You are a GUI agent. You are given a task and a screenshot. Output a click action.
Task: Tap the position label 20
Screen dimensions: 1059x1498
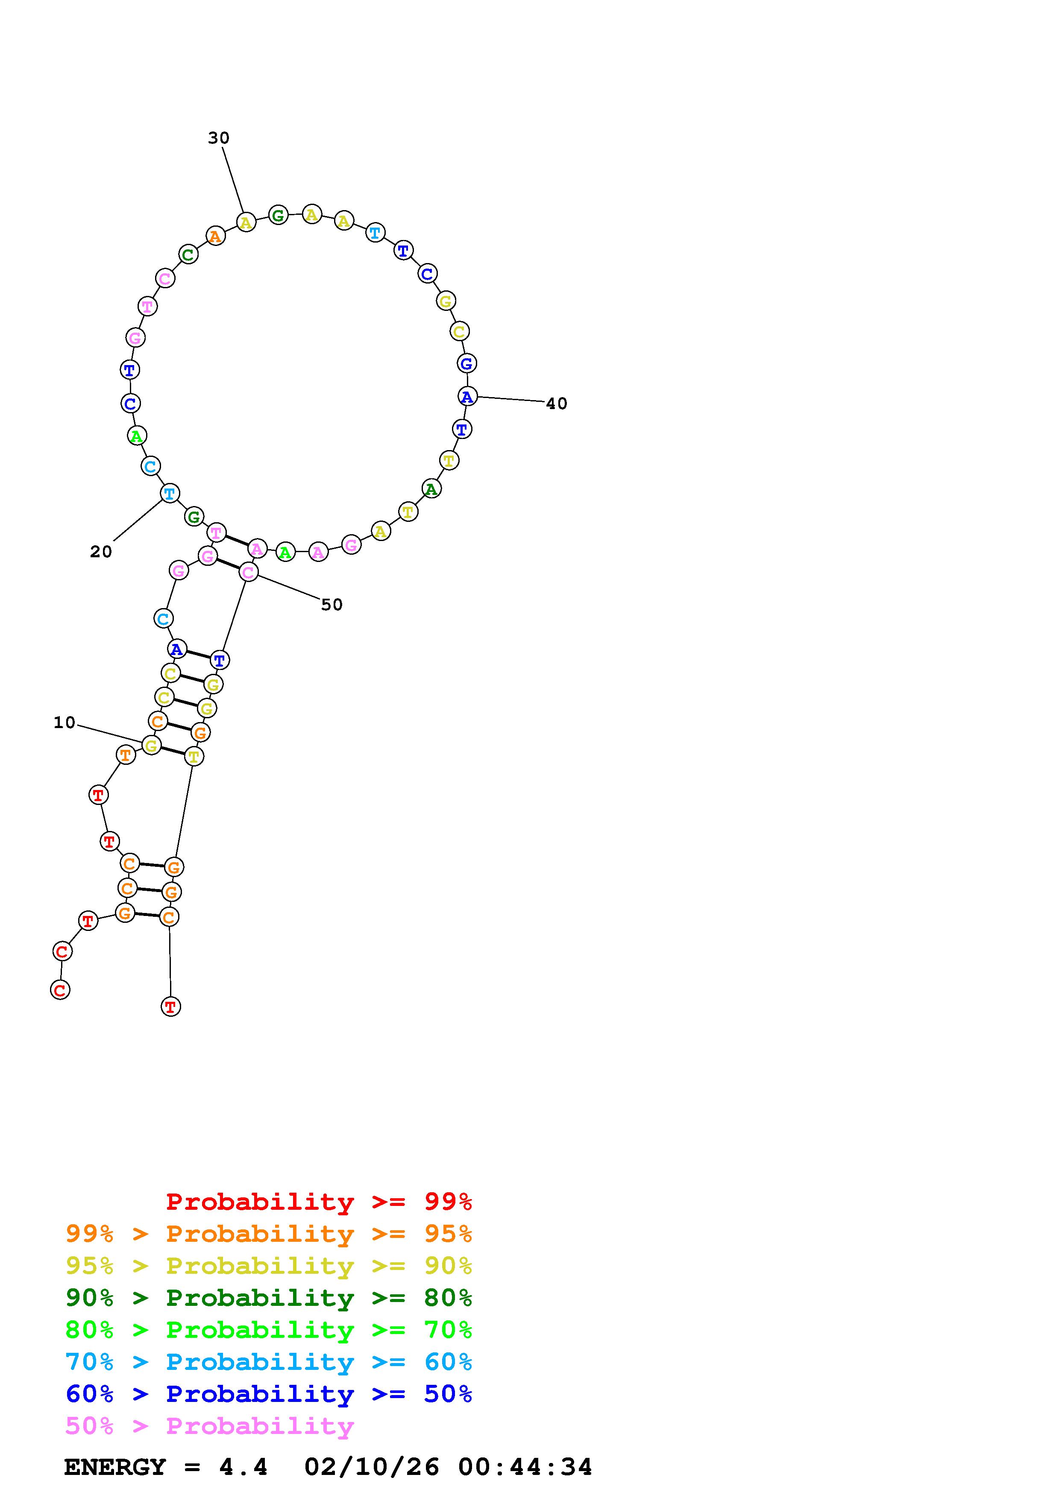coord(101,552)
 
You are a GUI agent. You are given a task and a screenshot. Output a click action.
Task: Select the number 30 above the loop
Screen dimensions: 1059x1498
coord(219,138)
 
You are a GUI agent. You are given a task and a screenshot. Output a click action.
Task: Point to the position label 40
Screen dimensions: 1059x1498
coord(557,404)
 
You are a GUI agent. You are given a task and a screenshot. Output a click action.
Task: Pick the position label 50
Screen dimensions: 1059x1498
coord(331,605)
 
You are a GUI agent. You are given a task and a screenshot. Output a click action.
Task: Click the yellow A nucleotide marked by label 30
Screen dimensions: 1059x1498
coord(245,222)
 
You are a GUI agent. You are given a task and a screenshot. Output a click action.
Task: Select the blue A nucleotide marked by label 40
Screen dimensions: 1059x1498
coord(467,396)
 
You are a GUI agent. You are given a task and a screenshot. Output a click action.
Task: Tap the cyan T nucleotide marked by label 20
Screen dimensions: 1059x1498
coord(170,493)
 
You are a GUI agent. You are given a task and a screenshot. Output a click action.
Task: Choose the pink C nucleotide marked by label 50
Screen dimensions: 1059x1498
coord(248,572)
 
